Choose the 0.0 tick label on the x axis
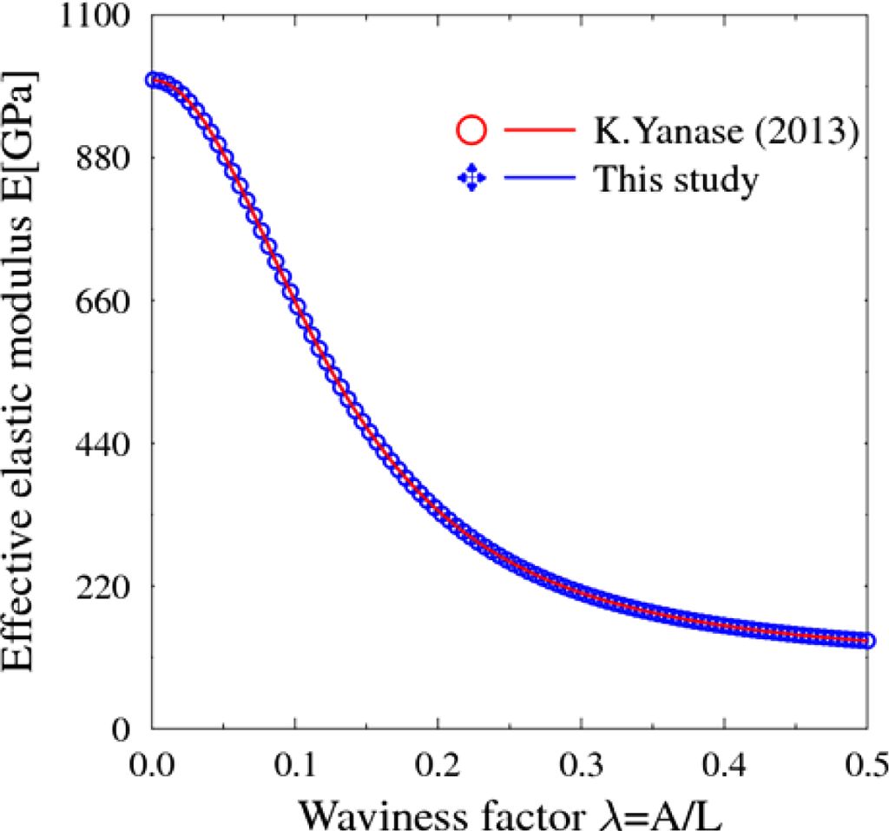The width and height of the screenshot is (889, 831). [x=153, y=765]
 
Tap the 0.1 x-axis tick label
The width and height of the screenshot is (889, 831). [x=295, y=765]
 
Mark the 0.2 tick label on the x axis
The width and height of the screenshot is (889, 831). [x=438, y=765]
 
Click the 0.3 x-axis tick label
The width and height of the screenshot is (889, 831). [x=581, y=765]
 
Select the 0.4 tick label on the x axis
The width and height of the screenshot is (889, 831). [x=724, y=765]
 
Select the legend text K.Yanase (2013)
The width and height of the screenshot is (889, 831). [x=726, y=132]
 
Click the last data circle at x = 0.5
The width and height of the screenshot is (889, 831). [x=866, y=641]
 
